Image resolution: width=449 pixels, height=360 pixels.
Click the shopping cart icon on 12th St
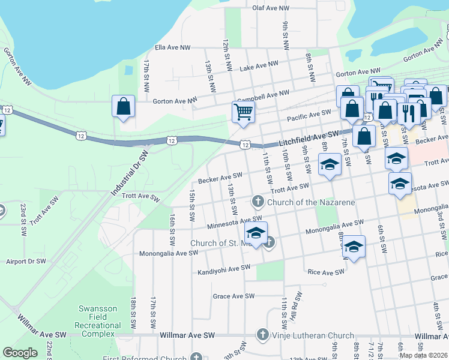243,111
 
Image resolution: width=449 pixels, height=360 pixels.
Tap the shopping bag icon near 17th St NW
123,107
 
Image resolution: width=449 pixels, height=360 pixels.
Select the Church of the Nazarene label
310,202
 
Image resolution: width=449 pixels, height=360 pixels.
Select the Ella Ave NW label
172,47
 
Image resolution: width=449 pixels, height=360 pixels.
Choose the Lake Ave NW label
259,66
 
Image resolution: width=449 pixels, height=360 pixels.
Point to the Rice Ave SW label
325,272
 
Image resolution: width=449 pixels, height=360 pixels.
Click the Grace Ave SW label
234,296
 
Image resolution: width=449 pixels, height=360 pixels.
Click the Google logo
20,353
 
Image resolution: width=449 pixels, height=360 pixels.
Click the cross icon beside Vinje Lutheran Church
262,334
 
